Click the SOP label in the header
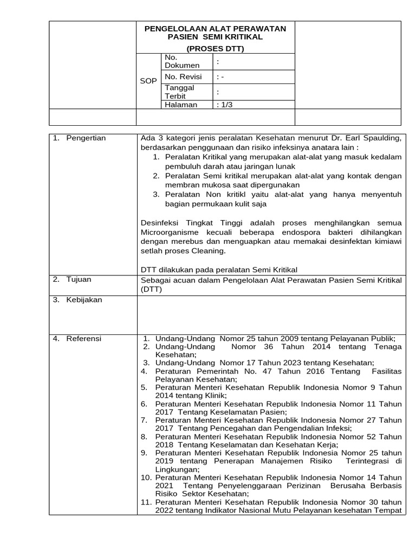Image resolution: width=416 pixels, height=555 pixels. tap(148, 81)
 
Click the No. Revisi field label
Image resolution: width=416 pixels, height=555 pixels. tap(183, 77)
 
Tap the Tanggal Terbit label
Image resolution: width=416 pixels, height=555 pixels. tap(179, 92)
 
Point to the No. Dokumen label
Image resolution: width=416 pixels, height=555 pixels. tap(182, 61)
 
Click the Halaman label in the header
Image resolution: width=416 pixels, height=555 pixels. tap(181, 105)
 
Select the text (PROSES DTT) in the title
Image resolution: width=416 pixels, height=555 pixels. tap(215, 48)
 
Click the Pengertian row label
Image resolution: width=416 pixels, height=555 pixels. tap(86, 138)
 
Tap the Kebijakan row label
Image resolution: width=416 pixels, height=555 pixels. tap(84, 300)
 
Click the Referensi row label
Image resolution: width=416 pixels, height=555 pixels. tap(83, 339)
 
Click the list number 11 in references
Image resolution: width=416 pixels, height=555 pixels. tap(146, 502)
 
